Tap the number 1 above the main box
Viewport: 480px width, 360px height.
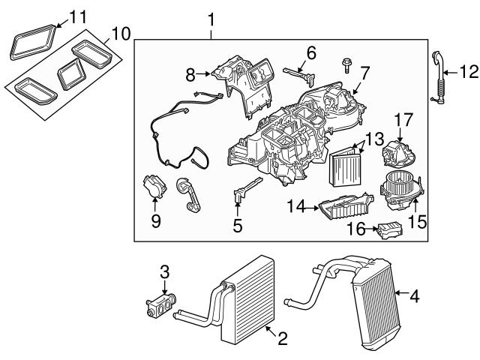tap(211, 19)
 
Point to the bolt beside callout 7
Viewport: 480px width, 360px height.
tap(346, 65)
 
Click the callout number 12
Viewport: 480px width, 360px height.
tap(469, 72)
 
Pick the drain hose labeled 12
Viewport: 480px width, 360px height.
tap(438, 79)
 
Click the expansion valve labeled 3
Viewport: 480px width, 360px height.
tap(161, 304)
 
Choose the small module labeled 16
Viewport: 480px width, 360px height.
tap(391, 230)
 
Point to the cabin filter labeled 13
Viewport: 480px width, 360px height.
tap(345, 166)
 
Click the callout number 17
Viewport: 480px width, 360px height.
tap(403, 120)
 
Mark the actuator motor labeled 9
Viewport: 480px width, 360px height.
tap(154, 187)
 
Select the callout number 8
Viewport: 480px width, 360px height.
tap(190, 75)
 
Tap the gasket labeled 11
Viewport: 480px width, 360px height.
tap(33, 42)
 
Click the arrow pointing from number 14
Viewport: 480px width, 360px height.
tap(311, 208)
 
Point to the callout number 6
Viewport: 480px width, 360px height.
tap(311, 53)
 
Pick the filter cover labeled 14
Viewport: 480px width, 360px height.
tap(346, 205)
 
